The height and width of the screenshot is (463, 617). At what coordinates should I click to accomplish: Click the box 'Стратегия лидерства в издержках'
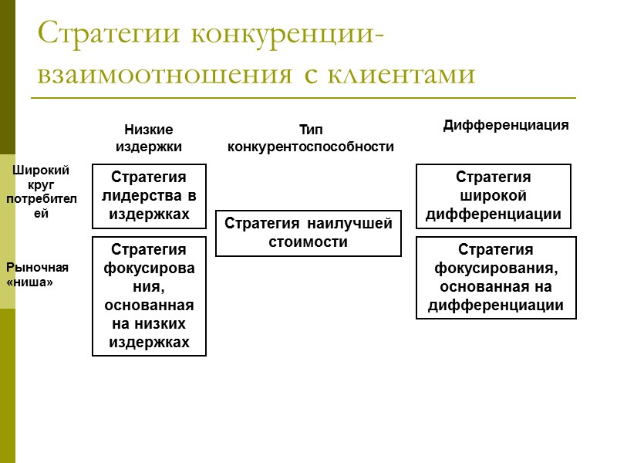coord(149,196)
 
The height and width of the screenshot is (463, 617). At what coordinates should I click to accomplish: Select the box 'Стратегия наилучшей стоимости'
coord(308,233)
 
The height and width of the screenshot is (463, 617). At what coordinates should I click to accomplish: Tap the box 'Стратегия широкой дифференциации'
coord(494,196)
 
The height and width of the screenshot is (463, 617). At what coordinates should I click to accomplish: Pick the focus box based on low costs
coord(149,296)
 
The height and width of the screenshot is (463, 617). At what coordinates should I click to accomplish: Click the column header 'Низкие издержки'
coord(149,137)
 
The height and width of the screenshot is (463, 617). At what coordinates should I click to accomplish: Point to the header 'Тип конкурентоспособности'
coord(310,138)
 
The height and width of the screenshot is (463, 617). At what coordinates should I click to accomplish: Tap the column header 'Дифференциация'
coord(505,125)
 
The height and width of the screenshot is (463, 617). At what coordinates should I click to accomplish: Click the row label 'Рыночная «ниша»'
coord(38,275)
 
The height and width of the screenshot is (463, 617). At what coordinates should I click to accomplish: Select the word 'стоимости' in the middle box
coord(308,242)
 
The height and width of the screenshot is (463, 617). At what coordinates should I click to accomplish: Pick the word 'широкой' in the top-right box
coord(494,196)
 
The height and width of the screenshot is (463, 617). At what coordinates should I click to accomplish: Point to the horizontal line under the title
coord(303,98)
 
